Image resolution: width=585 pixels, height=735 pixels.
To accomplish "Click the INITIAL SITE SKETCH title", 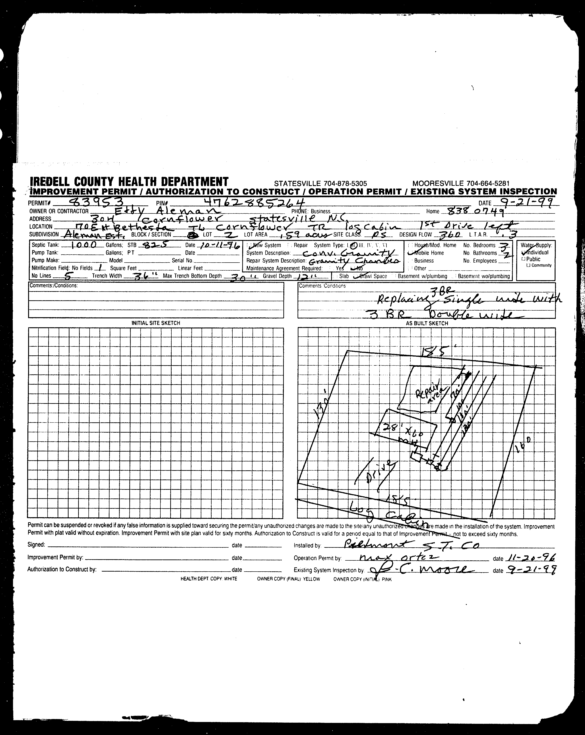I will [x=156, y=323].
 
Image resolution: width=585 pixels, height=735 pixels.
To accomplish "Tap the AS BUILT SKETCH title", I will [x=427, y=323].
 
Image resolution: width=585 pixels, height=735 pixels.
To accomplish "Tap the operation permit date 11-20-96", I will [x=531, y=558].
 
